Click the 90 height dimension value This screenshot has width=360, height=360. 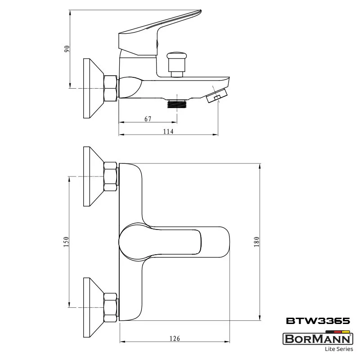(x=67, y=49)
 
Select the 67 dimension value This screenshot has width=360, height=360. (x=148, y=119)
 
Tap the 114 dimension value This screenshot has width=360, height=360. (x=168, y=131)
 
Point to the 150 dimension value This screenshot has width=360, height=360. (x=66, y=242)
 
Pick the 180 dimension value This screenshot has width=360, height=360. (x=256, y=242)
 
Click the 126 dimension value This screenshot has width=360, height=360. (x=175, y=338)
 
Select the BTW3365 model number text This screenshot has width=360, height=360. (x=318, y=321)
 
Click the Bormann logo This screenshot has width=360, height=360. (x=318, y=339)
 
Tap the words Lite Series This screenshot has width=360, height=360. (x=339, y=349)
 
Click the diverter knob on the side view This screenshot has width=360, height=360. (x=176, y=64)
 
